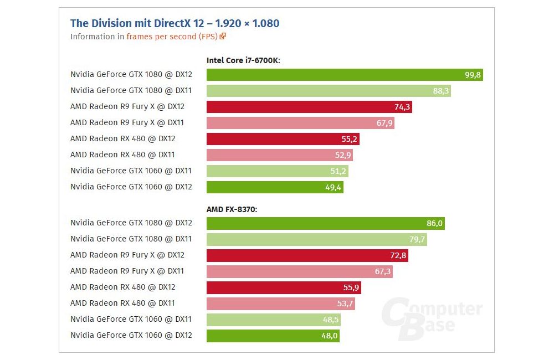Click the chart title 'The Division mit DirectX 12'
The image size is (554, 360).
click(x=175, y=23)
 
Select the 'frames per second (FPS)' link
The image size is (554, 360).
click(x=172, y=37)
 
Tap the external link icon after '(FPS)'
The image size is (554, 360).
click(x=223, y=37)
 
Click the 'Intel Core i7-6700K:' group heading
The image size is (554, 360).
click(x=243, y=60)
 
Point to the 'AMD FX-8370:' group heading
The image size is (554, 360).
click(x=232, y=209)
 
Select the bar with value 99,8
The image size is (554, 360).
click(x=345, y=75)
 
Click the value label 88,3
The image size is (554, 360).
click(x=440, y=91)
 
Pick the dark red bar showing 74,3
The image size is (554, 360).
click(x=309, y=107)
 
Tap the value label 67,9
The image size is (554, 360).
click(x=384, y=123)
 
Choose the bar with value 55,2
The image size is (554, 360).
click(x=283, y=139)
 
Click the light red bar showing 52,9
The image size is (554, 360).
click(x=279, y=155)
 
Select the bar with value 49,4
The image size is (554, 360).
click(x=275, y=187)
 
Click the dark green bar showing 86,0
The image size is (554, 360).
click(x=325, y=223)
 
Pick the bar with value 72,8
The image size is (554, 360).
click(x=307, y=255)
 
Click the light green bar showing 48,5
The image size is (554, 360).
click(x=273, y=320)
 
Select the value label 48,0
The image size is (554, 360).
click(x=330, y=336)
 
